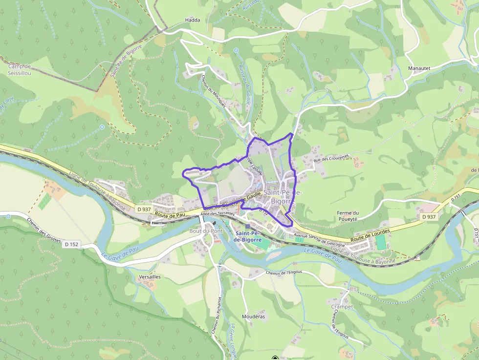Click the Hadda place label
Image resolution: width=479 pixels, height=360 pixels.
click(x=193, y=20)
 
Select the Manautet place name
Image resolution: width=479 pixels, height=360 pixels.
click(x=419, y=68)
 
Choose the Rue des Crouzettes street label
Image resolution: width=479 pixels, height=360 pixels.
click(x=331, y=158)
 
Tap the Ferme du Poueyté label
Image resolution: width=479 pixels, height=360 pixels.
click(x=348, y=216)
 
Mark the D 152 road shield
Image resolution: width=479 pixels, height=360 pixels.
click(x=70, y=244)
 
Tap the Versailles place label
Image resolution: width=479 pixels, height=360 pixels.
click(x=150, y=276)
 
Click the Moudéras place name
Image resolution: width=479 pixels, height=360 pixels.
click(x=253, y=317)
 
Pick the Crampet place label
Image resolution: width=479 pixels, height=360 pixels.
click(x=342, y=307)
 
